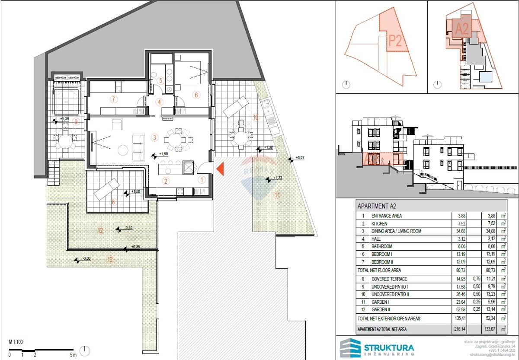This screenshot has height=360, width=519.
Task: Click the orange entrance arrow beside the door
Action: pos(220,169)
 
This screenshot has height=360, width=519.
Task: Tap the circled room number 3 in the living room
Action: pos(154,137)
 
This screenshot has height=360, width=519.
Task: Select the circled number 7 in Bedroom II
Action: pos(114,99)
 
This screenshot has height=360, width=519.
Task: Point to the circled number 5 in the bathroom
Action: pos(160,80)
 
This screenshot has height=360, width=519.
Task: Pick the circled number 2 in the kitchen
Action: pos(165,181)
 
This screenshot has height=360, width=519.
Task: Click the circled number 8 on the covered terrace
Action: pos(113,201)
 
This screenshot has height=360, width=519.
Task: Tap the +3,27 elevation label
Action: pos(300,158)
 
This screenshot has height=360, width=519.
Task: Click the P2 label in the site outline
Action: pos(395,41)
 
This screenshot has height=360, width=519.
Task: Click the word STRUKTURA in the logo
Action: pos(388,347)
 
